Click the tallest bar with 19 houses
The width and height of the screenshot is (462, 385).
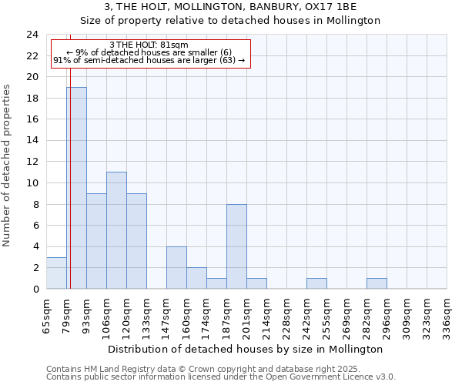click(x=76, y=188)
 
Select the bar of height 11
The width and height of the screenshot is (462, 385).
click(x=116, y=230)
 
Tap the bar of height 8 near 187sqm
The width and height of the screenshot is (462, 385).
click(x=236, y=246)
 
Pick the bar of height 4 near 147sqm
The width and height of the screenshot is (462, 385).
click(x=176, y=267)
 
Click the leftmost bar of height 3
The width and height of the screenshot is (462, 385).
click(x=56, y=273)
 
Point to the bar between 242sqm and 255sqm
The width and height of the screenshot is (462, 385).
click(x=316, y=283)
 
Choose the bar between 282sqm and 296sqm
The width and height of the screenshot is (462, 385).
click(x=377, y=283)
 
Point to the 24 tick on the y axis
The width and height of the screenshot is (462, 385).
click(x=32, y=35)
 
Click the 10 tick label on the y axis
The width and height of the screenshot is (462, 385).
click(x=32, y=183)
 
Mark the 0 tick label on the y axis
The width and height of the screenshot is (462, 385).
click(x=35, y=289)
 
